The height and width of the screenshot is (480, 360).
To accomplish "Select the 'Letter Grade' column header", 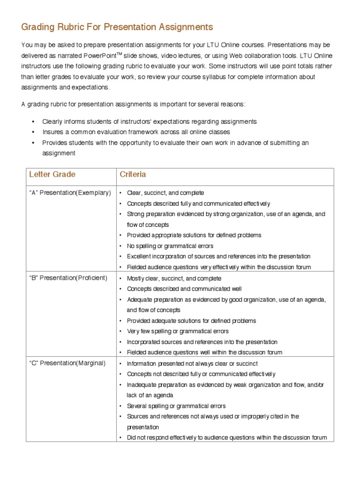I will [x=52, y=174].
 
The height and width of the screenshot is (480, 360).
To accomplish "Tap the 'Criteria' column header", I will [x=133, y=174].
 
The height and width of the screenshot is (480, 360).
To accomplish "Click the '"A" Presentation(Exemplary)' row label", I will [x=70, y=193].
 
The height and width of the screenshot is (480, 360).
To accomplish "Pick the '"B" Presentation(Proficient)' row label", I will [x=68, y=278].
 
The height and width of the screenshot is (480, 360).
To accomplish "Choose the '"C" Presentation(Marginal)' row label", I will [x=67, y=363].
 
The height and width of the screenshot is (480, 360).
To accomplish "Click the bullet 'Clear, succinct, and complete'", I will [x=165, y=193].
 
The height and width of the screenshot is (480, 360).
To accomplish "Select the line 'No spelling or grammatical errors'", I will [x=170, y=246].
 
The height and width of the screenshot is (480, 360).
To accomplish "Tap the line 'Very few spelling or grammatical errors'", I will [x=178, y=331].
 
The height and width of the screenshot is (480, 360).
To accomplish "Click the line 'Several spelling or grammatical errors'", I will [x=176, y=406].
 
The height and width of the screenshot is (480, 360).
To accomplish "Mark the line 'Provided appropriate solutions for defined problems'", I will [x=194, y=235].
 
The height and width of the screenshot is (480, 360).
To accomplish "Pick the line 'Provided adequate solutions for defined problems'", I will [x=191, y=321].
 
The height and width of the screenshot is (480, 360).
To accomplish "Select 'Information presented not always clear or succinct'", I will [x=192, y=363].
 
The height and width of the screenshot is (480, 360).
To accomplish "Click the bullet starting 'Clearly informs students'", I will [x=149, y=121].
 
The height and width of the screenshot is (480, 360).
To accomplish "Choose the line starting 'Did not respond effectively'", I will [x=226, y=437].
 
